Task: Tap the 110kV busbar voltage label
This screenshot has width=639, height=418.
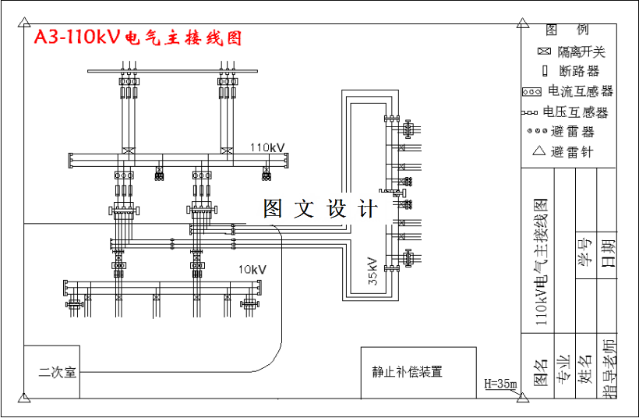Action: tap(267, 147)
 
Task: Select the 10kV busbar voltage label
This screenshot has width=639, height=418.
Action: tap(252, 270)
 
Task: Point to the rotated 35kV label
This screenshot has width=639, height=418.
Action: tap(372, 271)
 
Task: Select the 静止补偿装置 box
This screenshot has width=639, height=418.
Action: tap(407, 372)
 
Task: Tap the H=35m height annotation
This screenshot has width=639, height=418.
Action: tap(500, 384)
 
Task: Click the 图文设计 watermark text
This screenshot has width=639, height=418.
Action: tap(320, 209)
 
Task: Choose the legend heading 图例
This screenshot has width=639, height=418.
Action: tap(567, 30)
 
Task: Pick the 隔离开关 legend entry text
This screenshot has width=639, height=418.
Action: tap(581, 52)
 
